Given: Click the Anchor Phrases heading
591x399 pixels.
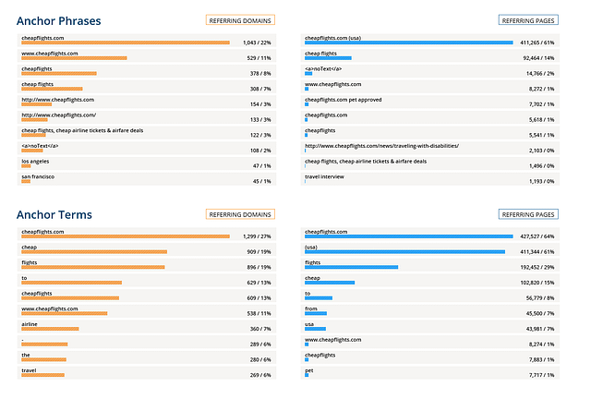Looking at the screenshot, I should click(59, 20).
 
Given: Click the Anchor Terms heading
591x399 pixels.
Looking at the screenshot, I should click(54, 214).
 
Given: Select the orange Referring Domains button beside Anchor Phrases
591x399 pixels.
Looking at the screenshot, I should click(240, 19).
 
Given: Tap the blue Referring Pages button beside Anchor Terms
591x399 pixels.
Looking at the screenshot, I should click(528, 214).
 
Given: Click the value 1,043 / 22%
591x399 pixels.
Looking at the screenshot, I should click(255, 42).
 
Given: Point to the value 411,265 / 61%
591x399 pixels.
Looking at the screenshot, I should click(536, 42).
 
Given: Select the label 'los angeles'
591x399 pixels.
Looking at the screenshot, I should click(38, 161).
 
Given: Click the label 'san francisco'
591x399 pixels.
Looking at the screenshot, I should click(40, 175).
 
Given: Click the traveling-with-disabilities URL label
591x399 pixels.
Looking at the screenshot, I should click(381, 145).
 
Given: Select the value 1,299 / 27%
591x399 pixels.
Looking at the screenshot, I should click(255, 236).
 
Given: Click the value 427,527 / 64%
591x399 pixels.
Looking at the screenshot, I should click(536, 236).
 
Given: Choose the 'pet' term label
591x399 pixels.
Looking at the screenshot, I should click(308, 369).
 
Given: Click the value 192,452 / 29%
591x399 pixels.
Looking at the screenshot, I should click(536, 267).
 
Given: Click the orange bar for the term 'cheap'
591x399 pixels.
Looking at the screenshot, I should click(93, 251).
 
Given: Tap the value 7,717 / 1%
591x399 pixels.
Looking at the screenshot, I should click(539, 375).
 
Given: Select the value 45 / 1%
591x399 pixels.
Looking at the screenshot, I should click(261, 181).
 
